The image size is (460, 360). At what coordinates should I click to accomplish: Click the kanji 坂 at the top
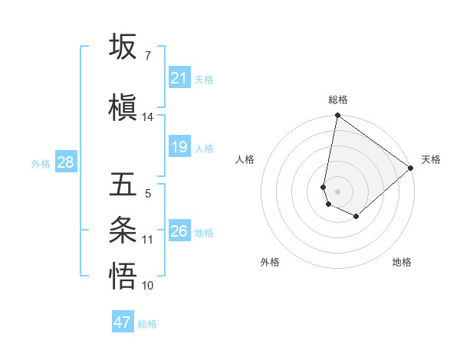(123, 47)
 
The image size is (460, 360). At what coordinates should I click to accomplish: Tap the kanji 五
(123, 184)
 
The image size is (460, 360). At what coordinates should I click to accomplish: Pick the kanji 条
(123, 229)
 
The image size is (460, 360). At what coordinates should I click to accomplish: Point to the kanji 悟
(123, 276)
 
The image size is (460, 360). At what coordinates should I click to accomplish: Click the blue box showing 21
(179, 78)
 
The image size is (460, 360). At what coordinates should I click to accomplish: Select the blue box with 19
(179, 147)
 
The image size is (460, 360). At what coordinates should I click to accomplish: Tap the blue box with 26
(179, 231)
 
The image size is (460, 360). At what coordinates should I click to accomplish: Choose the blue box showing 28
(65, 162)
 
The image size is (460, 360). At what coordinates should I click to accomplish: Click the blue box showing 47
(123, 322)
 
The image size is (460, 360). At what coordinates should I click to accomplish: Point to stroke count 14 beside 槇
(148, 117)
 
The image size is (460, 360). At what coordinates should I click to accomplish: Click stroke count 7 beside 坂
(147, 56)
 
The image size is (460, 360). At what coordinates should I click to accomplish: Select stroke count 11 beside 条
(148, 240)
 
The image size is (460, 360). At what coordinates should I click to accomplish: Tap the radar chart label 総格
(338, 100)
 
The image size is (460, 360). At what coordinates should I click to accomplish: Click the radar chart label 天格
(431, 159)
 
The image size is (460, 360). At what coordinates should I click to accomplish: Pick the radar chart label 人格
(245, 159)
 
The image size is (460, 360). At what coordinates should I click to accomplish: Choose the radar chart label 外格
(270, 263)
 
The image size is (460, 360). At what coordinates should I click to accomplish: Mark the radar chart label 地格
(402, 263)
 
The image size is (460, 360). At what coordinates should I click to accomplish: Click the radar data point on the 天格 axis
(411, 168)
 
